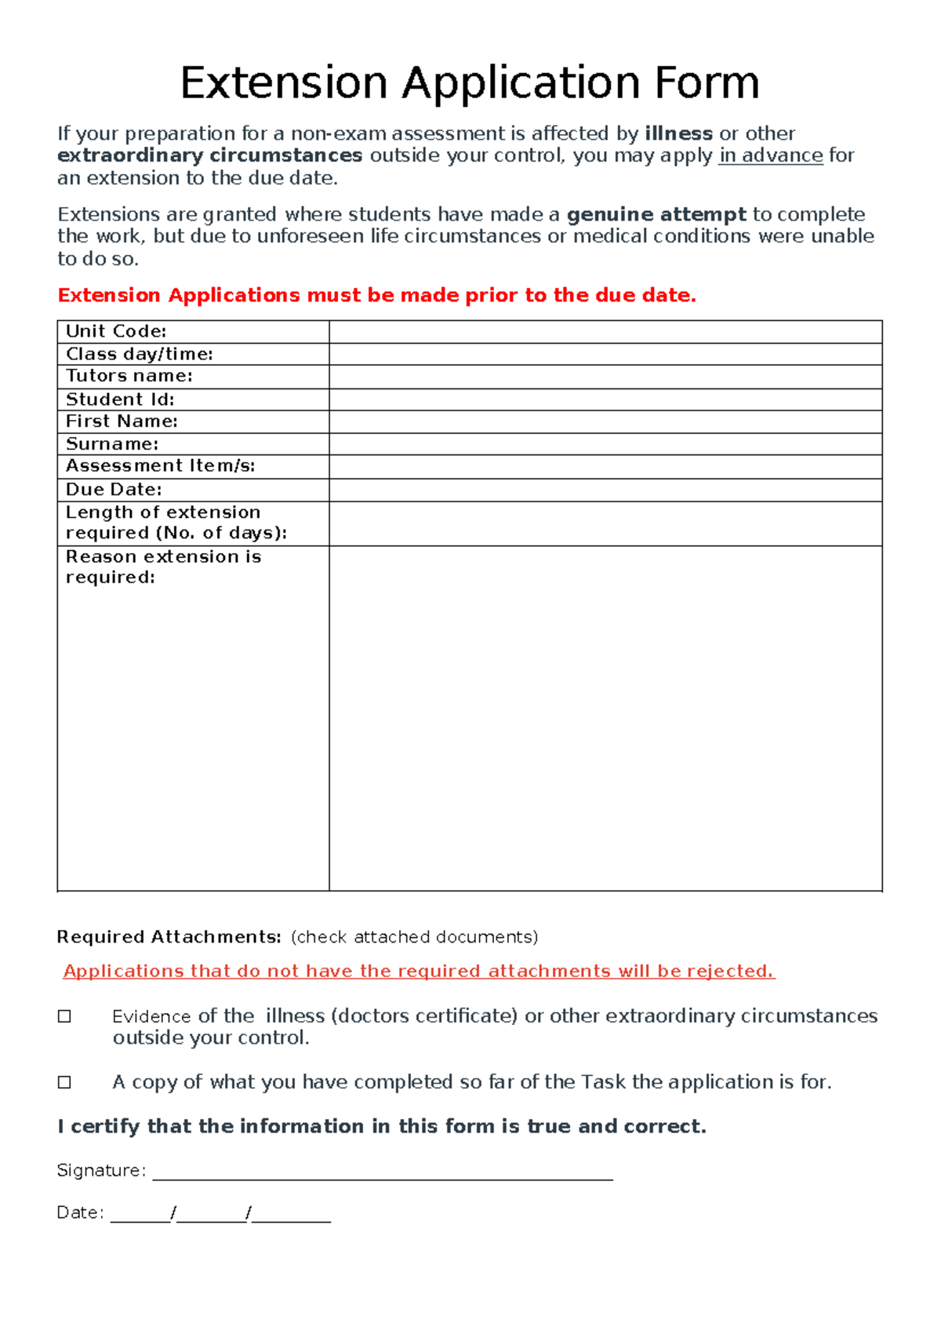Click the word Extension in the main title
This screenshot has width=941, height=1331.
pyautogui.click(x=284, y=83)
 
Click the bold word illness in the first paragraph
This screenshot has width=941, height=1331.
pyautogui.click(x=678, y=133)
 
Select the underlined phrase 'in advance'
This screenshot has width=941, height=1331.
pyautogui.click(x=770, y=155)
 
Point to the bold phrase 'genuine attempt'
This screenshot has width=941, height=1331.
pyautogui.click(x=656, y=214)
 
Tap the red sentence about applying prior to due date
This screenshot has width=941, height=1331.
pyautogui.click(x=376, y=295)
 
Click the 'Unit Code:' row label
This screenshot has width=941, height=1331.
pyautogui.click(x=116, y=331)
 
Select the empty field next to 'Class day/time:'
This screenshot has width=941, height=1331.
pyautogui.click(x=605, y=354)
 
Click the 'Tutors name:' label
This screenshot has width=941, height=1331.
pyautogui.click(x=129, y=376)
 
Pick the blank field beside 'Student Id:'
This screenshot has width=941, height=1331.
pyautogui.click(x=605, y=399)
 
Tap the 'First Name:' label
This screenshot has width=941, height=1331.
pyautogui.click(x=122, y=421)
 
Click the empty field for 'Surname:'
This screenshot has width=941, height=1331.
pyautogui.click(x=605, y=444)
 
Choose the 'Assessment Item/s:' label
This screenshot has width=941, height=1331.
pyautogui.click(x=160, y=466)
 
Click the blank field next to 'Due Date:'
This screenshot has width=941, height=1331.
pyautogui.click(x=605, y=490)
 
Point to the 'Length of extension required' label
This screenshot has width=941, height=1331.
pyautogui.click(x=176, y=523)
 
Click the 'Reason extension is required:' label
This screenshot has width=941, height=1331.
pyautogui.click(x=163, y=567)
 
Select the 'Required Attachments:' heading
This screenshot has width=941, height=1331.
pyautogui.click(x=169, y=937)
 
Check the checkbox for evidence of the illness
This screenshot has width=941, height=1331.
pyautogui.click(x=65, y=1016)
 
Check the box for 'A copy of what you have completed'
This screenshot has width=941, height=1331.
pyautogui.click(x=65, y=1082)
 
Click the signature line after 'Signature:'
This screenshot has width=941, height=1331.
pyautogui.click(x=382, y=1174)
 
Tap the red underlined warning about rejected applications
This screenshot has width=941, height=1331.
pyautogui.click(x=419, y=972)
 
